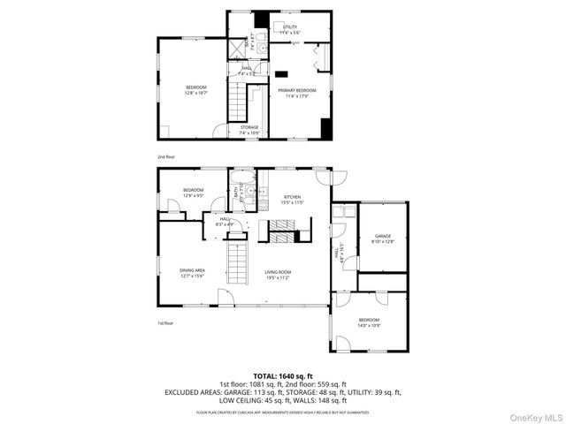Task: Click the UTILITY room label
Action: click(291, 27)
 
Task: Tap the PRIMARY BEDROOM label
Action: click(297, 90)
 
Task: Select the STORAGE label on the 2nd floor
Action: click(249, 127)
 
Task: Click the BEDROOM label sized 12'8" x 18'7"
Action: click(195, 87)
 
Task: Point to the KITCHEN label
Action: click(292, 197)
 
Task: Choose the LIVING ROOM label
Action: click(278, 272)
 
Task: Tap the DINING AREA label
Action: click(192, 272)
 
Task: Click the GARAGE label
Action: click(382, 236)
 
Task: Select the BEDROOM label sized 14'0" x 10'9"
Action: click(369, 320)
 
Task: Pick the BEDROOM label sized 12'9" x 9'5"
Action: click(193, 190)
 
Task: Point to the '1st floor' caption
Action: click(164, 323)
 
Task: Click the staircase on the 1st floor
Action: click(236, 261)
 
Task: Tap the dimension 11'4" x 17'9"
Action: click(297, 95)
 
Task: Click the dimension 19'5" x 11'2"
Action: click(278, 277)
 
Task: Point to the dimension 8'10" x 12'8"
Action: click(382, 241)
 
